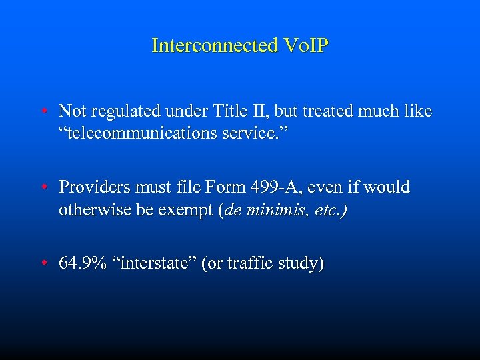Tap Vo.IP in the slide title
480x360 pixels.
(x=305, y=45)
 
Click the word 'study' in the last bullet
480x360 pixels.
(x=302, y=264)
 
